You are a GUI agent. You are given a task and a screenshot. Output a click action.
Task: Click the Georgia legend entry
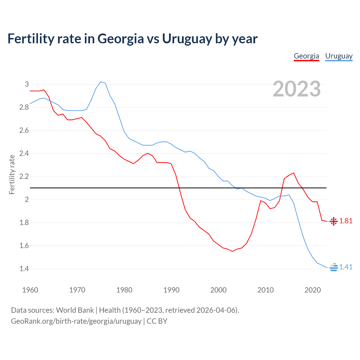point(306,56)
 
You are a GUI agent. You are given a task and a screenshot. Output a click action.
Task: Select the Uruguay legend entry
point(339,56)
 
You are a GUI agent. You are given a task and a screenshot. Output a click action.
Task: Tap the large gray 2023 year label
point(297,89)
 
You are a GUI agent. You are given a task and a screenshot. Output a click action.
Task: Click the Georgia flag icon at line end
point(334,221)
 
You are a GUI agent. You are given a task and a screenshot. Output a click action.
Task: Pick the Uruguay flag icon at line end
point(334,267)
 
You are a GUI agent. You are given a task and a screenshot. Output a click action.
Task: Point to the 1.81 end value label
point(346,221)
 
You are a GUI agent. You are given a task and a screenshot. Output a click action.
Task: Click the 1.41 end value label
point(346,267)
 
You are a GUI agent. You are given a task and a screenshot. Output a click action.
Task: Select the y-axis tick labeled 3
point(27,84)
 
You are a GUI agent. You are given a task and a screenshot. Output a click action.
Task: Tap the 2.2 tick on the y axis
point(24,177)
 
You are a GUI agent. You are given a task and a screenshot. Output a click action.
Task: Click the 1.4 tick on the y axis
point(24,269)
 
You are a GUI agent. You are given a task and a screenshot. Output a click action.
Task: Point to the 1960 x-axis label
point(30,290)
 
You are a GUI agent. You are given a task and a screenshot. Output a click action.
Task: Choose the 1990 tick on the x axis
point(171,290)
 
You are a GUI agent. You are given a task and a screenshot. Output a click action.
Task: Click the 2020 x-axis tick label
point(312,290)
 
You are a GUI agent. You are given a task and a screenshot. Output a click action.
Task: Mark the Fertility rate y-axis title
point(12,174)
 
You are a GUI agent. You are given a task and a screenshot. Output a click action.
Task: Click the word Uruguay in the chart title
point(187,39)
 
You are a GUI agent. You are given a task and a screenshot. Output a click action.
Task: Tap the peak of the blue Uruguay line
point(101,82)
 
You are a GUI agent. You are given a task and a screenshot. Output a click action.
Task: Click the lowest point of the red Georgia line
point(232,251)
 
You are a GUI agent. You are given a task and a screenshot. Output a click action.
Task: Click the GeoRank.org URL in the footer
point(76,321)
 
